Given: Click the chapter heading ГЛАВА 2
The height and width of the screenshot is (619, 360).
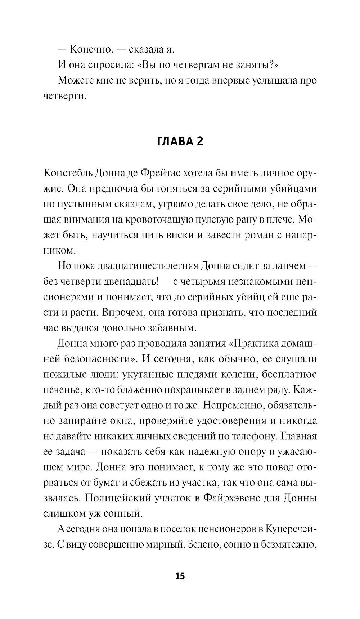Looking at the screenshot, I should click(x=180, y=141).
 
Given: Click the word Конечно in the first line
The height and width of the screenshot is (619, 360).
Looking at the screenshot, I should click(x=91, y=49).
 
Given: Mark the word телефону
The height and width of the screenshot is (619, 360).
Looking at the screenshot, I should click(x=251, y=436).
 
